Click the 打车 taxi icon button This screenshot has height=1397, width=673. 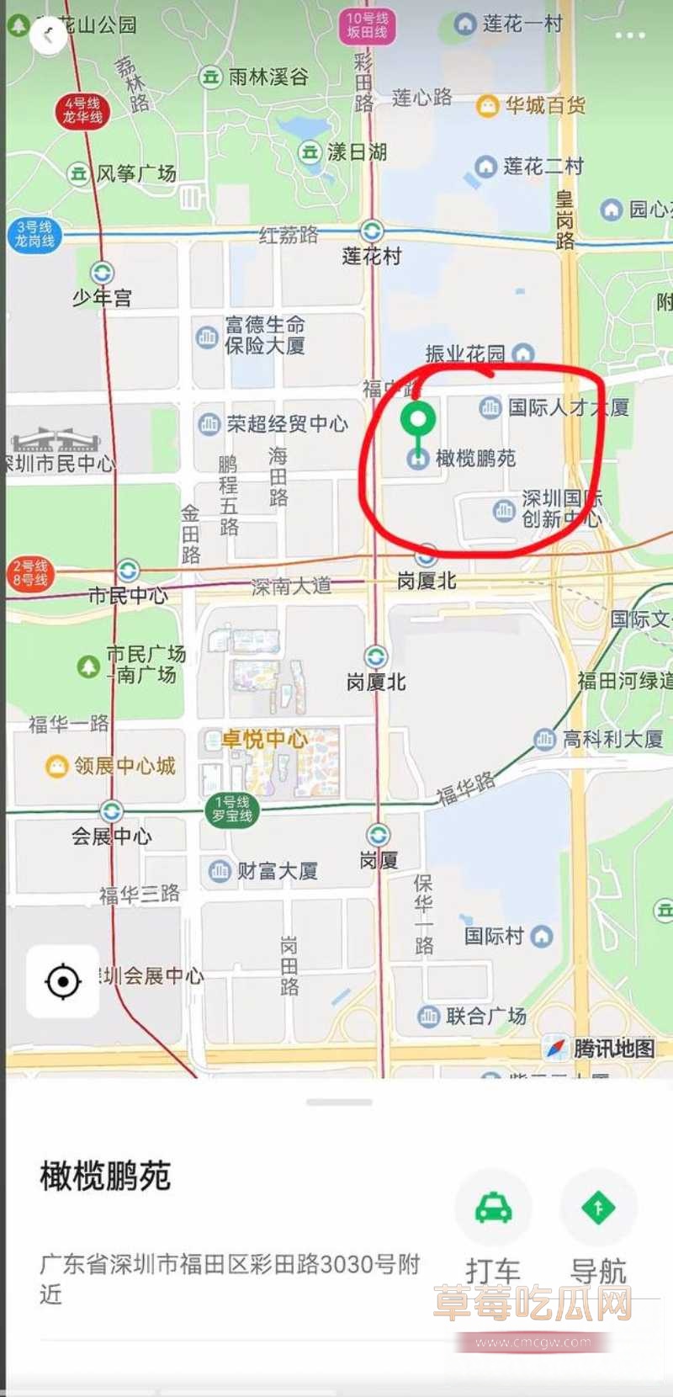click(x=493, y=1208)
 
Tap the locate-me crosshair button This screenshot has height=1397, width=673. click(x=62, y=981)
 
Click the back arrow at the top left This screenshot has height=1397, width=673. click(x=48, y=35)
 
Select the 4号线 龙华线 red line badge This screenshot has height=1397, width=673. click(x=82, y=110)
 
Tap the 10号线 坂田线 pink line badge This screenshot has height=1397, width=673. click(x=367, y=25)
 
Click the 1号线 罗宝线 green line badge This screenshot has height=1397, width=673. click(x=231, y=809)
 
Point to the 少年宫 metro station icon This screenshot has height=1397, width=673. click(x=102, y=274)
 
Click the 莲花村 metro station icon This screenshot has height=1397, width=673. click(x=372, y=231)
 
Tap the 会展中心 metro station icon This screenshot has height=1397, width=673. click(x=111, y=811)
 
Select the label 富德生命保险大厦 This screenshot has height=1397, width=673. click(x=264, y=335)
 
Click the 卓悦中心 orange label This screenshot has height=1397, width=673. click(x=264, y=740)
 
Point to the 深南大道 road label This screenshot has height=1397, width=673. click(x=291, y=586)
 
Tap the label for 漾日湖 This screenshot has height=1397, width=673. click(x=357, y=152)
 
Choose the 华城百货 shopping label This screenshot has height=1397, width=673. click(x=544, y=105)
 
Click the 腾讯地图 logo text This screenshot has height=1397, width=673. click(x=613, y=1049)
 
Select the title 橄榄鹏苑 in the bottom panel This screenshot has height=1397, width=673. click(x=105, y=1176)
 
